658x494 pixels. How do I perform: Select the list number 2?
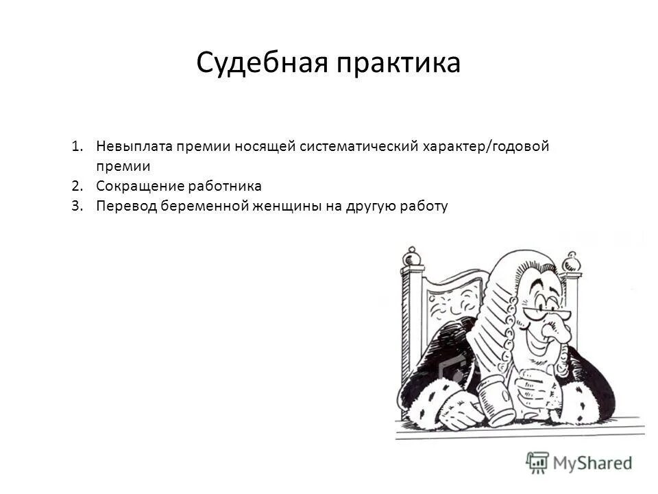pyautogui.click(x=75, y=186)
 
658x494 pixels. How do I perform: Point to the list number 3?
pyautogui.click(x=75, y=206)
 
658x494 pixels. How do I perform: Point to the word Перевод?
pyautogui.click(x=125, y=206)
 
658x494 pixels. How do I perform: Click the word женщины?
pyautogui.click(x=284, y=206)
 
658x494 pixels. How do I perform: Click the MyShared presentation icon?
pyautogui.click(x=538, y=462)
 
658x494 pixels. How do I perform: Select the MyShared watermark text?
pyautogui.click(x=593, y=463)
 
